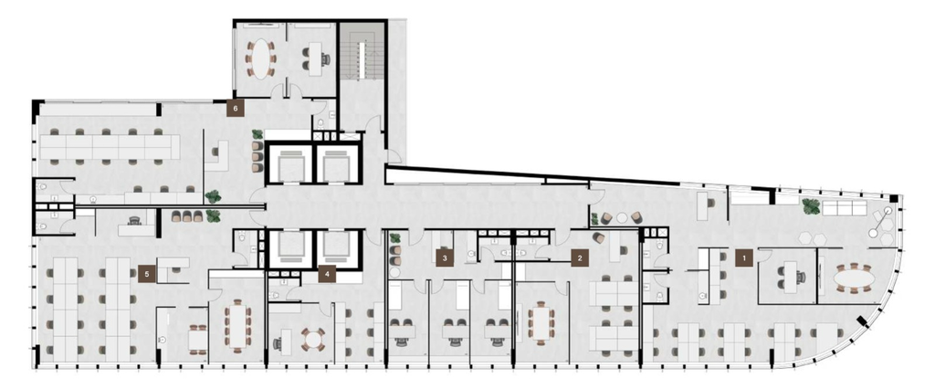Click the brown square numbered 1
pyautogui.click(x=743, y=258)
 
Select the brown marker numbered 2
pyautogui.click(x=579, y=258)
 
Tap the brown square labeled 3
pyautogui.click(x=445, y=258)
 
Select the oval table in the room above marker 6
pyautogui.click(x=260, y=58)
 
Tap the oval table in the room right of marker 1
pyautogui.click(x=854, y=279)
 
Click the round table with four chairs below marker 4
pyautogui.click(x=312, y=339)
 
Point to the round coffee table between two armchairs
pyautogui.click(x=622, y=217)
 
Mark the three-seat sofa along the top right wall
pyautogui.click(x=844, y=207)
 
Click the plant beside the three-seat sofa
pyautogui.click(x=811, y=206)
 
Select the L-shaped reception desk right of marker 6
pyautogui.click(x=216, y=156)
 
